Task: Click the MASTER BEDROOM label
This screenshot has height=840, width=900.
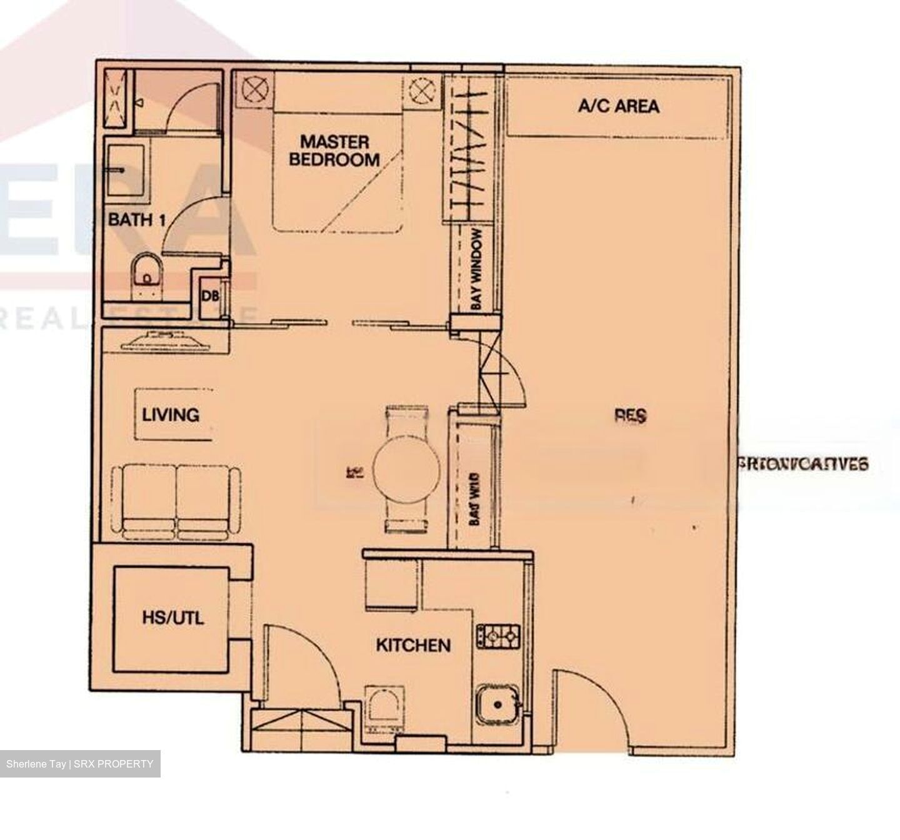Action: point(334,151)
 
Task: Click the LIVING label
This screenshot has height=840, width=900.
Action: point(170,415)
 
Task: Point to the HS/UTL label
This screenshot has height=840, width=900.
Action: point(172,618)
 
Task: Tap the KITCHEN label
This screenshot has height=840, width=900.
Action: point(413,645)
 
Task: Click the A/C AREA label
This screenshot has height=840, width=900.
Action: point(618,106)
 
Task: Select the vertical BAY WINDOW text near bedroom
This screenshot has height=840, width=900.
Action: point(476,269)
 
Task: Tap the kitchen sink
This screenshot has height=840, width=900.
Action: point(498,704)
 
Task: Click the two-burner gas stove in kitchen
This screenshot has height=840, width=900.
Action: point(498,636)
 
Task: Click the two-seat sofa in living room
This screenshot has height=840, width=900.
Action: point(176,502)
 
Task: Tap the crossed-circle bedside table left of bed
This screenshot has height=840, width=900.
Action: point(254,89)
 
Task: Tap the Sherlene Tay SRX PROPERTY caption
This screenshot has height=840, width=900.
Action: point(80,764)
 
